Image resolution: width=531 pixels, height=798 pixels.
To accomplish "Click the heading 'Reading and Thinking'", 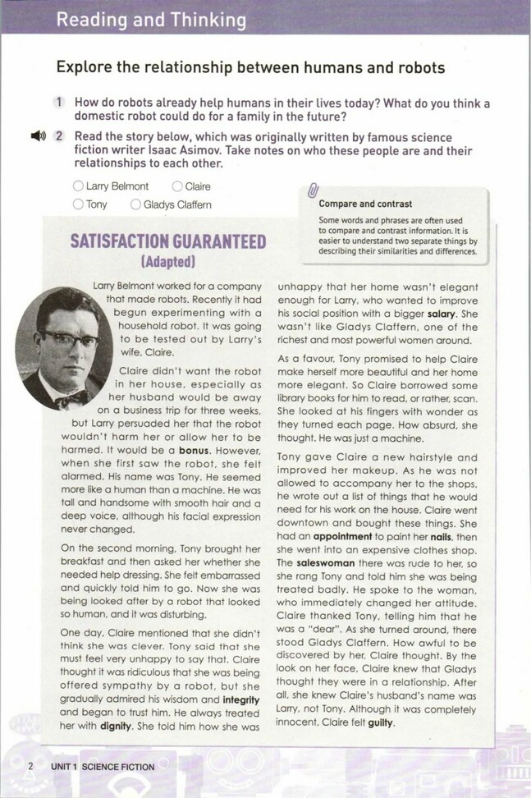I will (151, 18).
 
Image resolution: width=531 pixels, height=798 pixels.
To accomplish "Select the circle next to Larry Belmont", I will (78, 186).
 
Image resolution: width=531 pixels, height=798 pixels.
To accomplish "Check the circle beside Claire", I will (177, 186).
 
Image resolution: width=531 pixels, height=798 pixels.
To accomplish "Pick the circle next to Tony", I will (78, 204).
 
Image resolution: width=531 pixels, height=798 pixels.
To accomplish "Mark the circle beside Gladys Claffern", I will (135, 204).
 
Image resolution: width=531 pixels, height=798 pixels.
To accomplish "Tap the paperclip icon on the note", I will (312, 192).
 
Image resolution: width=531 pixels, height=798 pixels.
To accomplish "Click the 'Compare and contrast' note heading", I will (365, 204).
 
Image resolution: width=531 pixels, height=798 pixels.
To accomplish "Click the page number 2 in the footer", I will (30, 767).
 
